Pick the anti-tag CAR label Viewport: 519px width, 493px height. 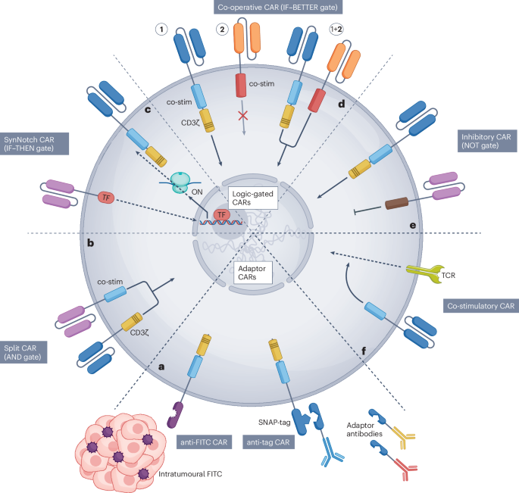click(x=267, y=442)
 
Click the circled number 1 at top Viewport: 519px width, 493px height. click(x=161, y=30)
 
